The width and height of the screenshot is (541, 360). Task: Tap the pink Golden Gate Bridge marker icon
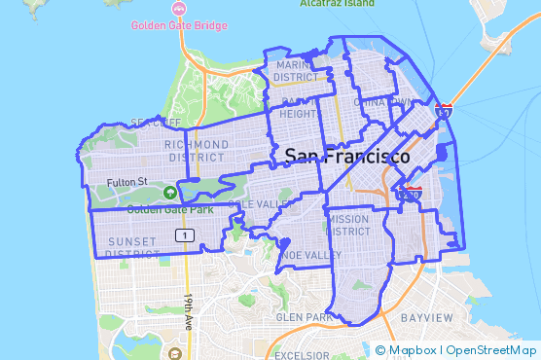(178, 9)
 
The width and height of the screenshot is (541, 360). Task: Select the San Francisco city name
(347, 156)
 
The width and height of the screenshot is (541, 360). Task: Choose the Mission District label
(347, 226)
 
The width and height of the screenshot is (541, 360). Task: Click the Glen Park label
(304, 317)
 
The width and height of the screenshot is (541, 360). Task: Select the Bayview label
(426, 318)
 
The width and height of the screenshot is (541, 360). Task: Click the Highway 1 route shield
(182, 234)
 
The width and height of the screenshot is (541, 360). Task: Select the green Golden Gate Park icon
(171, 193)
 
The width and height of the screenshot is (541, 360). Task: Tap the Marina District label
(296, 71)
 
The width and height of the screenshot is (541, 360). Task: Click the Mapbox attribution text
(413, 350)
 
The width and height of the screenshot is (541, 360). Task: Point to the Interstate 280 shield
(412, 194)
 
